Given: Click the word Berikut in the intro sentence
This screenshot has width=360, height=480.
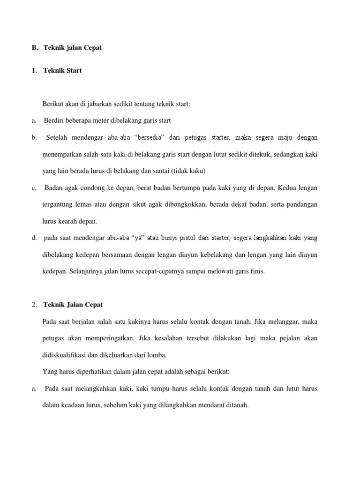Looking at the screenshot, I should [x=52, y=104].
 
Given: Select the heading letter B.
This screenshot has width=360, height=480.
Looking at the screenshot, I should [x=34, y=48].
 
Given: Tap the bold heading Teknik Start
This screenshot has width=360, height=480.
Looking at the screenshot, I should [x=62, y=71].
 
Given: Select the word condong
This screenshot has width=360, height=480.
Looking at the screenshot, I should [x=90, y=188].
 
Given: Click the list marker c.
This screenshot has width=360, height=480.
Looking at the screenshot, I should [x=34, y=188].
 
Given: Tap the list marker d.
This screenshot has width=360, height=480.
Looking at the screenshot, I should [x=34, y=238].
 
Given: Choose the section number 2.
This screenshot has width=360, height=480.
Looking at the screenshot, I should [x=34, y=305].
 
